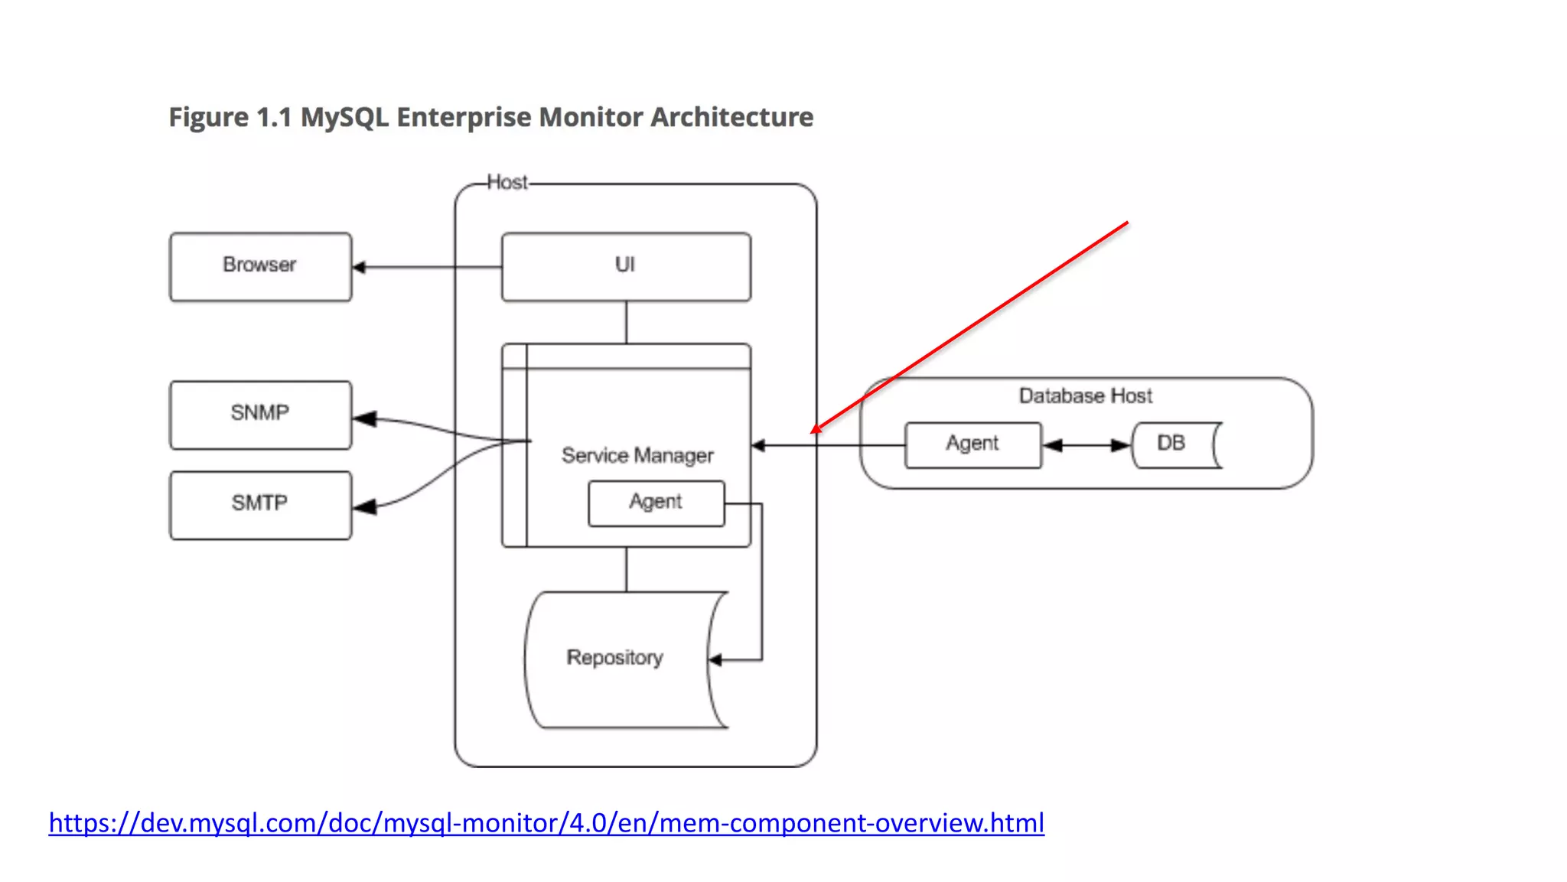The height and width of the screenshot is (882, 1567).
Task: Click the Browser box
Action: click(x=260, y=266)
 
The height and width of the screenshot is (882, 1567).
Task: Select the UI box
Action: click(x=626, y=266)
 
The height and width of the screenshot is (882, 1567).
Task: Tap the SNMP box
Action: click(x=260, y=414)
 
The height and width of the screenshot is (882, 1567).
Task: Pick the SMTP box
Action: click(x=260, y=504)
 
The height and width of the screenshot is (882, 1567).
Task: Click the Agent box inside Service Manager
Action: click(x=656, y=503)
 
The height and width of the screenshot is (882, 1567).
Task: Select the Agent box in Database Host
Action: click(x=972, y=444)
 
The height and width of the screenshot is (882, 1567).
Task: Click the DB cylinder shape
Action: click(x=1175, y=444)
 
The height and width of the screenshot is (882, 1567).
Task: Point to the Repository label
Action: click(x=614, y=657)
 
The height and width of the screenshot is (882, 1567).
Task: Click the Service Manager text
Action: click(x=637, y=455)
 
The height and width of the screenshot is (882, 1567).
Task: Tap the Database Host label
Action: click(x=1085, y=395)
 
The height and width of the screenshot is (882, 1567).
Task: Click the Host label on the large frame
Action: click(x=507, y=183)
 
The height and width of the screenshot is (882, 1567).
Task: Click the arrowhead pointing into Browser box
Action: click(x=359, y=267)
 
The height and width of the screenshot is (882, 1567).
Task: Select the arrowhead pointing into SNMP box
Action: click(x=365, y=418)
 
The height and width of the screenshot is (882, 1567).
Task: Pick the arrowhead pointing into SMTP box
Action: click(x=365, y=507)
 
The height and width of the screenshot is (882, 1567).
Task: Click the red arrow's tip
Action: click(x=814, y=431)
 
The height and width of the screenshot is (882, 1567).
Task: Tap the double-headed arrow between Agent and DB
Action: click(x=1086, y=445)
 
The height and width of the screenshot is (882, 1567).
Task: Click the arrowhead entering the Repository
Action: click(x=715, y=659)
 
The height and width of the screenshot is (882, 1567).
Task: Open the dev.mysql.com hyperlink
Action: click(x=546, y=823)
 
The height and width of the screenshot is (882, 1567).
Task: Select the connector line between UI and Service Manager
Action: click(x=626, y=322)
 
